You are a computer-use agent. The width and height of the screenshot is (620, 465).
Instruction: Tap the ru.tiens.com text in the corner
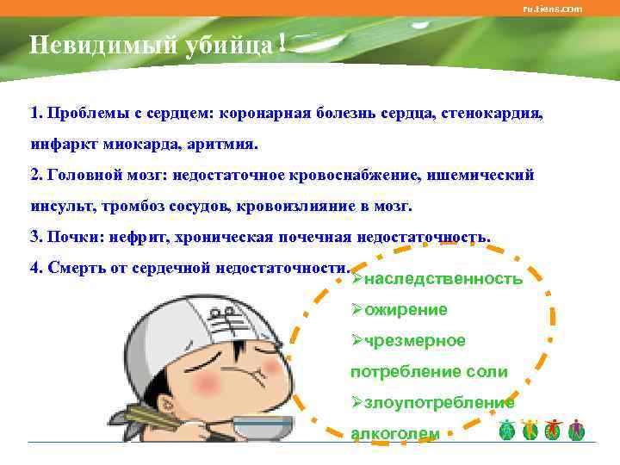553,9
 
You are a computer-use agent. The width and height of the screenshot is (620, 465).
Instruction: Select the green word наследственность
443,279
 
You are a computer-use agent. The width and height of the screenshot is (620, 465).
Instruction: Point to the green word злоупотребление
439,403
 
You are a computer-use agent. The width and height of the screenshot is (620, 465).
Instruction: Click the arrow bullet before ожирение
356,310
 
